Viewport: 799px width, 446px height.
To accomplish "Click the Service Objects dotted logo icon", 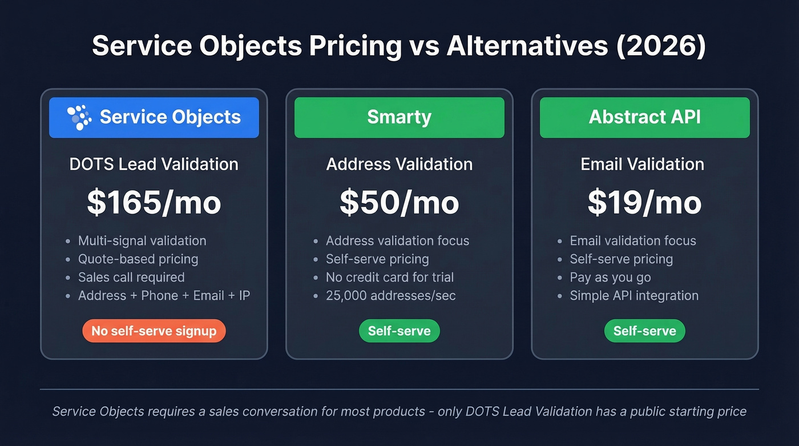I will click(x=79, y=118).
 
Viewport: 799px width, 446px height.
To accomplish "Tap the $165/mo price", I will click(x=154, y=203).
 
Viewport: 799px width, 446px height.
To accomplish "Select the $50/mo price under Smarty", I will click(x=399, y=203).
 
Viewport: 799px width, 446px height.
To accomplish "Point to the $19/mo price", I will click(x=645, y=203).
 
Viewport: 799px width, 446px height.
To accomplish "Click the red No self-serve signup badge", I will click(x=154, y=331).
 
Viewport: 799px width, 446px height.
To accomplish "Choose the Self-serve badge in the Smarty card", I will click(x=399, y=331).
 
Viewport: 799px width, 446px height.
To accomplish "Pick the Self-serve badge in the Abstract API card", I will click(x=645, y=331).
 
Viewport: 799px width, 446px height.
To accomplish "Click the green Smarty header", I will click(x=399, y=118).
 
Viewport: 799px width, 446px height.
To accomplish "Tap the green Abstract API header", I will click(x=645, y=118).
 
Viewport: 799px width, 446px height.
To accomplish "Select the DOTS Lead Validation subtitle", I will click(x=154, y=164).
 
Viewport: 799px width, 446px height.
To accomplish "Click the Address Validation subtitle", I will click(x=399, y=164).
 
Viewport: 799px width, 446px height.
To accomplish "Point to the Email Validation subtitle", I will click(x=643, y=164).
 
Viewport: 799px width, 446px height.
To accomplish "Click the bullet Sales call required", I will click(x=131, y=278).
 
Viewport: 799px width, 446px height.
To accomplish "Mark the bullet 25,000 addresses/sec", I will click(x=391, y=296).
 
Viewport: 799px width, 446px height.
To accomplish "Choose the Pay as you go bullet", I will click(x=610, y=278).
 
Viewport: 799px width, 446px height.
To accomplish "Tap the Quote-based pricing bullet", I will click(x=138, y=259).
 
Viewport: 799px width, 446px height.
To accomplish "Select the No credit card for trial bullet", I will click(x=390, y=278).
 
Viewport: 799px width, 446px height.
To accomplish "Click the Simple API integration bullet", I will click(x=634, y=296).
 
